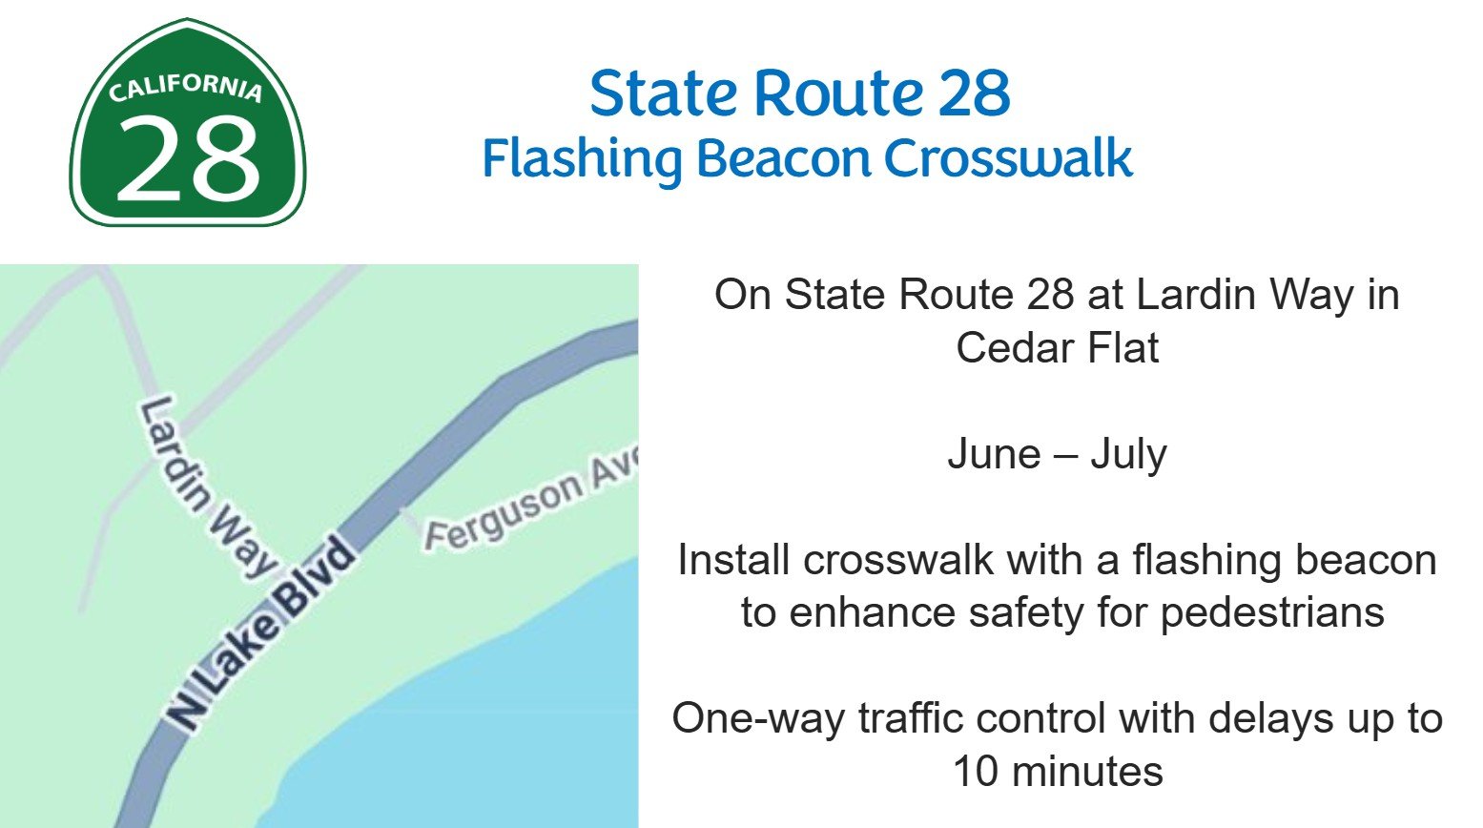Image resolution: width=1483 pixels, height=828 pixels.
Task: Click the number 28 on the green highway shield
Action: pyautogui.click(x=188, y=157)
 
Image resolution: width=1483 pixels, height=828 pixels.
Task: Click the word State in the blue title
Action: pyautogui.click(x=663, y=93)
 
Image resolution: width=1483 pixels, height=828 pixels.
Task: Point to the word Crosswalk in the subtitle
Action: pyautogui.click(x=1008, y=158)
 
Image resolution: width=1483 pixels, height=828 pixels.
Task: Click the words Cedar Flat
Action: pyautogui.click(x=1057, y=347)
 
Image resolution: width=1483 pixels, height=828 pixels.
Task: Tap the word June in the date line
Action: pyautogui.click(x=993, y=454)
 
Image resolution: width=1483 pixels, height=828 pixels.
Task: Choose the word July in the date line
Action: pyautogui.click(x=1128, y=454)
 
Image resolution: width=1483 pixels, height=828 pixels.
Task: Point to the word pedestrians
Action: pyautogui.click(x=1271, y=612)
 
